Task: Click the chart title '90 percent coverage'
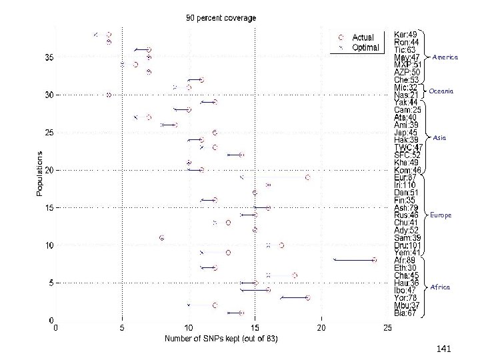tap(221, 18)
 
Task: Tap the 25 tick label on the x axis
tap(387, 328)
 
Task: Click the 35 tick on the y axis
tap(49, 58)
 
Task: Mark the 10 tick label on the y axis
tap(49, 245)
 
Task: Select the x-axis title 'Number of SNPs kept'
tap(221, 339)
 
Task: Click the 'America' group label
tap(445, 57)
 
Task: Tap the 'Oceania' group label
tap(441, 91)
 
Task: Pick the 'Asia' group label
tap(439, 138)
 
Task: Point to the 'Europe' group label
tap(441, 215)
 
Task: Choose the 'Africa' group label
tap(440, 287)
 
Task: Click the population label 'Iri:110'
tap(405, 185)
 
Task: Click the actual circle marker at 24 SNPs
tap(375, 260)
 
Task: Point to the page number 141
tap(444, 349)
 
